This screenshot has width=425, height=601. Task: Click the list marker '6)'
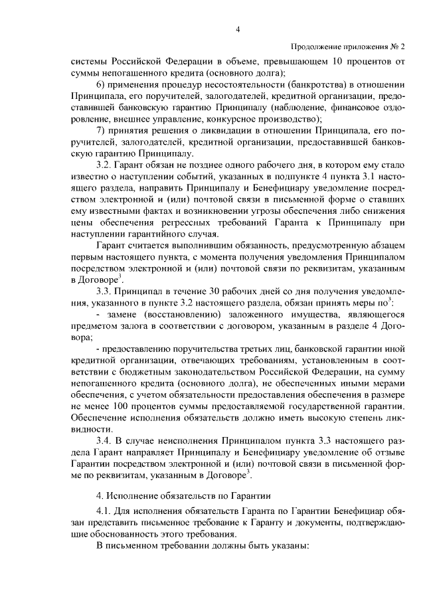point(102,85)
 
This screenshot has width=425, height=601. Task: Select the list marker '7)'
point(102,129)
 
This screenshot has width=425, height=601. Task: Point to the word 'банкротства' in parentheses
point(274,85)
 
